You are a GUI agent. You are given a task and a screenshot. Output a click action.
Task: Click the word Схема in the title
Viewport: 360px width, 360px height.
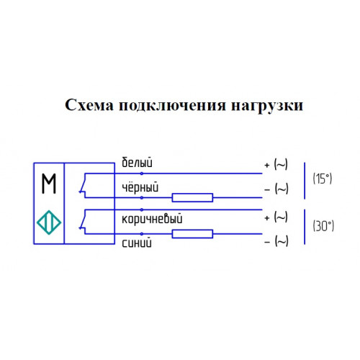tap(89, 105)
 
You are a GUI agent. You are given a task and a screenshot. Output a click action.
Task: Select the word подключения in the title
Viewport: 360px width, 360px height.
tap(172, 106)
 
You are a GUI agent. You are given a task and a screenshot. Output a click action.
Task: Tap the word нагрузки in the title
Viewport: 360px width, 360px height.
tap(267, 107)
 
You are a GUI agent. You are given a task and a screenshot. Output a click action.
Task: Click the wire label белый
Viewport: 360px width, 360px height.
tap(137, 162)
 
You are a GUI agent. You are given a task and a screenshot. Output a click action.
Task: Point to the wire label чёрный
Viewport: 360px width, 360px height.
tap(140, 187)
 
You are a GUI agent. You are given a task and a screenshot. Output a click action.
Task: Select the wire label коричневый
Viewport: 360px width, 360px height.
tap(152, 219)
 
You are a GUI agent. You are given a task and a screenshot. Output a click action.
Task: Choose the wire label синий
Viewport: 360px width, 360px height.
tap(137, 243)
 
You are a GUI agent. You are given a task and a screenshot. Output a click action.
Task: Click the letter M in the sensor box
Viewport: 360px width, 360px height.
tap(49, 184)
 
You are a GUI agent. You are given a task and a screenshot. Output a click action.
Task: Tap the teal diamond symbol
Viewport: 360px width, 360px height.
tap(49, 222)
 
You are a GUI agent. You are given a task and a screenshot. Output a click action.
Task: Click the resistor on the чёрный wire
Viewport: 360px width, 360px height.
tap(192, 198)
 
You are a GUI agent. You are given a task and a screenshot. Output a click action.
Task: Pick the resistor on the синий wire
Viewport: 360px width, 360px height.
tap(192, 234)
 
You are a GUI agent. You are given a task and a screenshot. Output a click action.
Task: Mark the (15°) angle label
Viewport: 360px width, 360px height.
tap(323, 179)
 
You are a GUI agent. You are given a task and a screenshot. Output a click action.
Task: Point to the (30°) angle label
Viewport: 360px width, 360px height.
tap(323, 226)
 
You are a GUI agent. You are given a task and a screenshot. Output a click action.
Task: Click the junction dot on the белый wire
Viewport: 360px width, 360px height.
tap(142, 174)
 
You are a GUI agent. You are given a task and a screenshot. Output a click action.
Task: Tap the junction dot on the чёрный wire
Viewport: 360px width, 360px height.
tap(142, 198)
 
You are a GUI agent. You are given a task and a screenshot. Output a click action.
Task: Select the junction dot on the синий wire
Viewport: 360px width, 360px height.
tap(142, 234)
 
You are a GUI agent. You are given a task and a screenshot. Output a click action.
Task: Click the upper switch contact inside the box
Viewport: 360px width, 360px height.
tap(83, 185)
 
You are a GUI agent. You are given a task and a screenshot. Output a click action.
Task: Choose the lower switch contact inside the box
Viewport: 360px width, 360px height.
tap(83, 222)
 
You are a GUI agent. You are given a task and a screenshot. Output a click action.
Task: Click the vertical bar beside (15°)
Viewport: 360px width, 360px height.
tap(305, 181)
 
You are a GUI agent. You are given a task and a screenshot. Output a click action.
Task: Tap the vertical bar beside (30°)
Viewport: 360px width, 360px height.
tap(305, 227)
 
